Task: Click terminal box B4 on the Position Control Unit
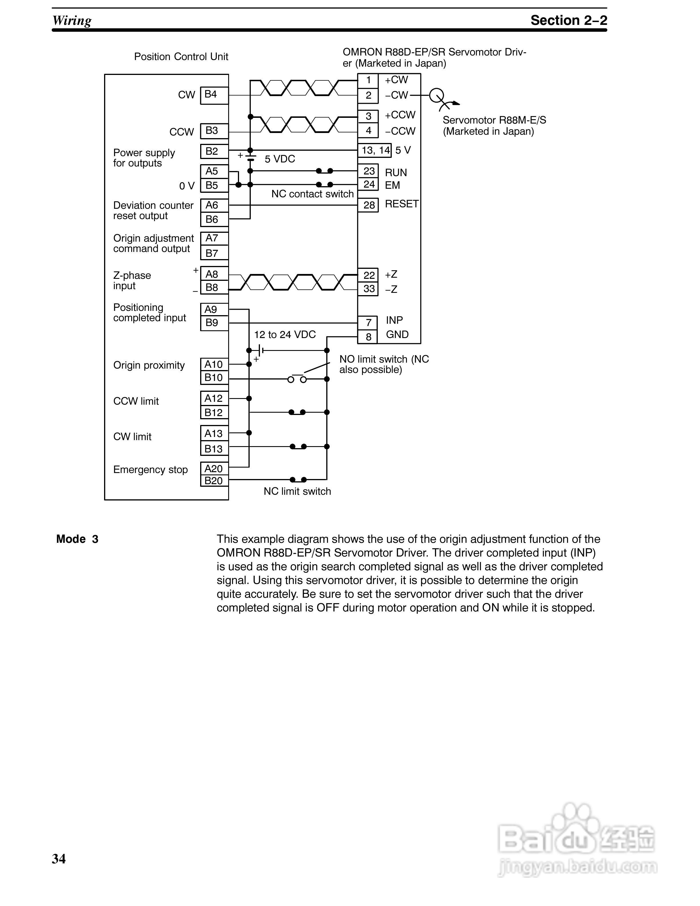[214, 95]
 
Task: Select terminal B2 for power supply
[214, 151]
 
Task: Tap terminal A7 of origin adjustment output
[214, 238]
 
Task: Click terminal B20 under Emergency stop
[214, 481]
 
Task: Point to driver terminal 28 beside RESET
[368, 205]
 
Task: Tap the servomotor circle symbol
[436, 96]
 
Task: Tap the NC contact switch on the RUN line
[324, 171]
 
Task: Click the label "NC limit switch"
[297, 492]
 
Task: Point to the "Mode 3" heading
[77, 539]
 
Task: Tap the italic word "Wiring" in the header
[72, 20]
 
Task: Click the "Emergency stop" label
[150, 470]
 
